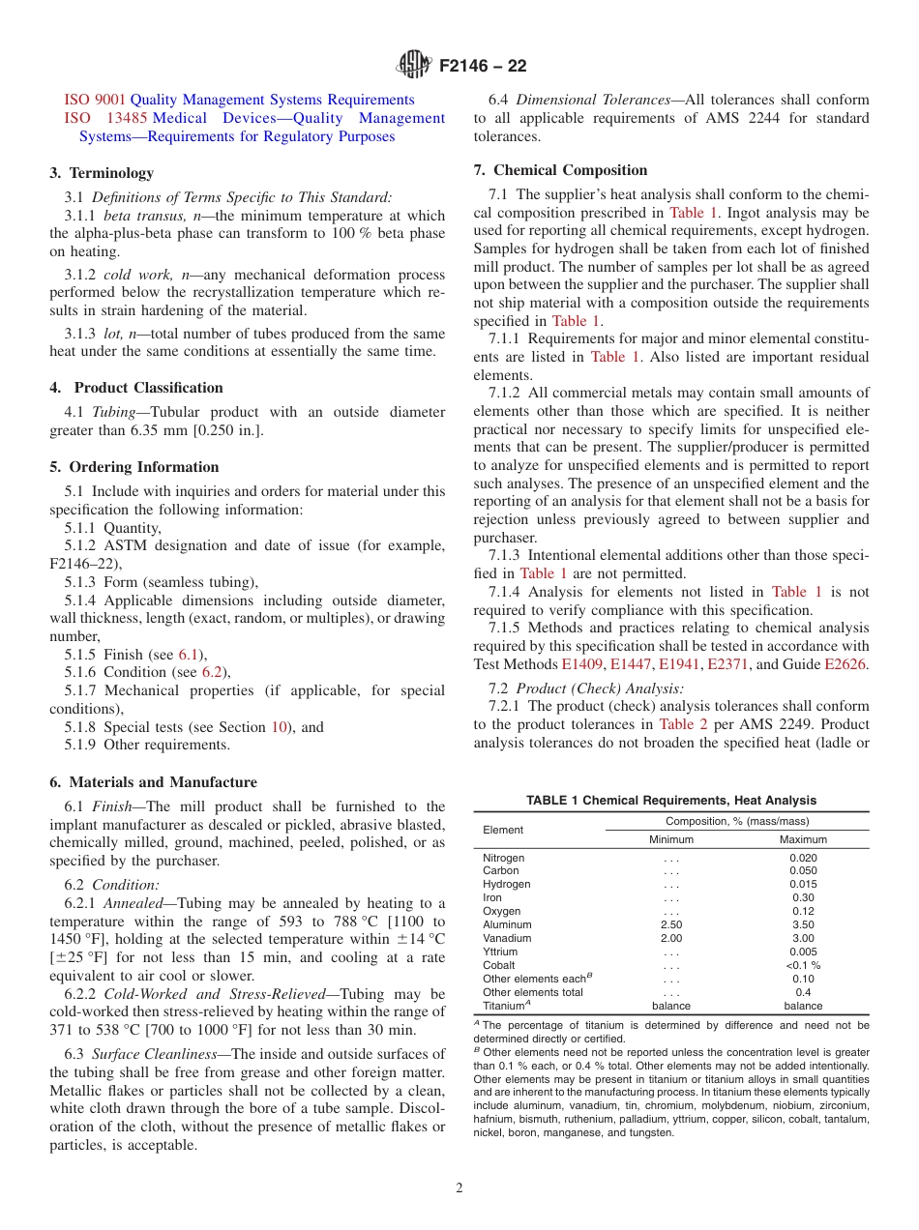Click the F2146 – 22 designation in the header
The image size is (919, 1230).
click(483, 68)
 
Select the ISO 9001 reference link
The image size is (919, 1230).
click(95, 100)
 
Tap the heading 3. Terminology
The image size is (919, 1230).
click(102, 173)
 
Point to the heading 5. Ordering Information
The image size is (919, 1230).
click(134, 467)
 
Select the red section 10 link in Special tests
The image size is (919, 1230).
click(280, 727)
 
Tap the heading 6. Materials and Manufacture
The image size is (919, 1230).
click(153, 782)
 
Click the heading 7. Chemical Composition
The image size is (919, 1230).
click(560, 170)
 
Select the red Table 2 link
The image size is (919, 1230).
click(683, 724)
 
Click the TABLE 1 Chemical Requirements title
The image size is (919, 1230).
click(670, 801)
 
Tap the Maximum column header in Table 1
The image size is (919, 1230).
click(803, 840)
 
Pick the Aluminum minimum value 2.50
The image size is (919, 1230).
click(671, 924)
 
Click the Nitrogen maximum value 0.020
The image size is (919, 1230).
click(803, 858)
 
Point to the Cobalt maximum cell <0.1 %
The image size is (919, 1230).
click(803, 965)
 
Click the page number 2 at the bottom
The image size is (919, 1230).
click(459, 1188)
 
